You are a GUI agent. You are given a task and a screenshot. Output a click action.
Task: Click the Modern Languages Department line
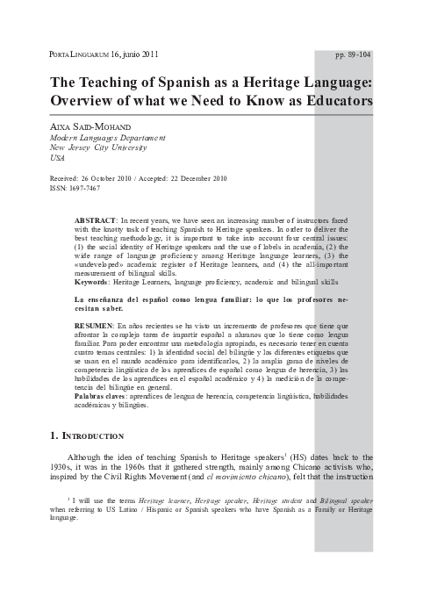tap(104, 140)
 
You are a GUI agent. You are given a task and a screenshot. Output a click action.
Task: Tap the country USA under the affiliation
tap(58, 161)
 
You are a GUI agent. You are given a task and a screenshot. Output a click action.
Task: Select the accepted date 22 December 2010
tap(195, 178)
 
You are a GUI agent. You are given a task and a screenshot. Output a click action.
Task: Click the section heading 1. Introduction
tap(87, 436)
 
